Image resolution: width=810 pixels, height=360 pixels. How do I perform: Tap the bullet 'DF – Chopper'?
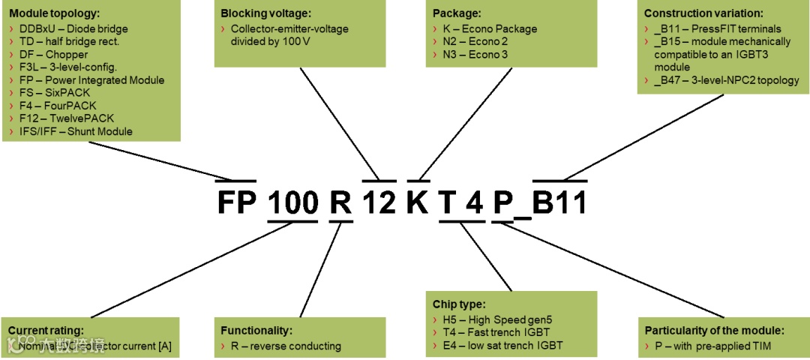click(x=53, y=55)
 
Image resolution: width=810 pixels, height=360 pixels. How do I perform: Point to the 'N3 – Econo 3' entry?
click(x=475, y=55)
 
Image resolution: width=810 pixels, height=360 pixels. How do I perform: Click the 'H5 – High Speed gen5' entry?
click(x=492, y=319)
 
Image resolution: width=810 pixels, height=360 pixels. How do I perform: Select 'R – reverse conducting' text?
click(x=286, y=346)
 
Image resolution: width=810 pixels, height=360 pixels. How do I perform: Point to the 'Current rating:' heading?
click(x=46, y=330)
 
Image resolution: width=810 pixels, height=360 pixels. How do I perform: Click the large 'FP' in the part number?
click(x=236, y=202)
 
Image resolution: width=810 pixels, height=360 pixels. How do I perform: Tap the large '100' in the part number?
click(x=293, y=202)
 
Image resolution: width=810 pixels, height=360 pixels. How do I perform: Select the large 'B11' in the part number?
click(x=560, y=202)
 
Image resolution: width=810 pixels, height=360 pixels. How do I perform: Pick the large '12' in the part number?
click(x=379, y=202)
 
